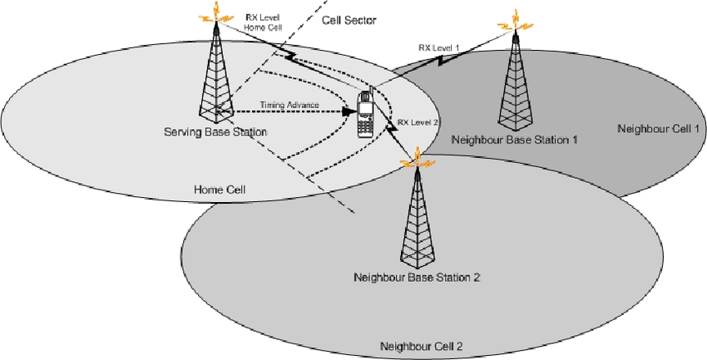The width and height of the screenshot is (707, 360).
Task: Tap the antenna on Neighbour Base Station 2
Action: point(413,161)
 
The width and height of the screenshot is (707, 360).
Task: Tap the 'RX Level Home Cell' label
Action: point(264,22)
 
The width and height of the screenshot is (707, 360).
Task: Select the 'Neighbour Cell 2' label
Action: point(416,346)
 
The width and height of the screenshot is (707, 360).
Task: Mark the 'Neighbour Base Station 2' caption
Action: point(416,276)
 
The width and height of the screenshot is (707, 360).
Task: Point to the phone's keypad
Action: point(363,125)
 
